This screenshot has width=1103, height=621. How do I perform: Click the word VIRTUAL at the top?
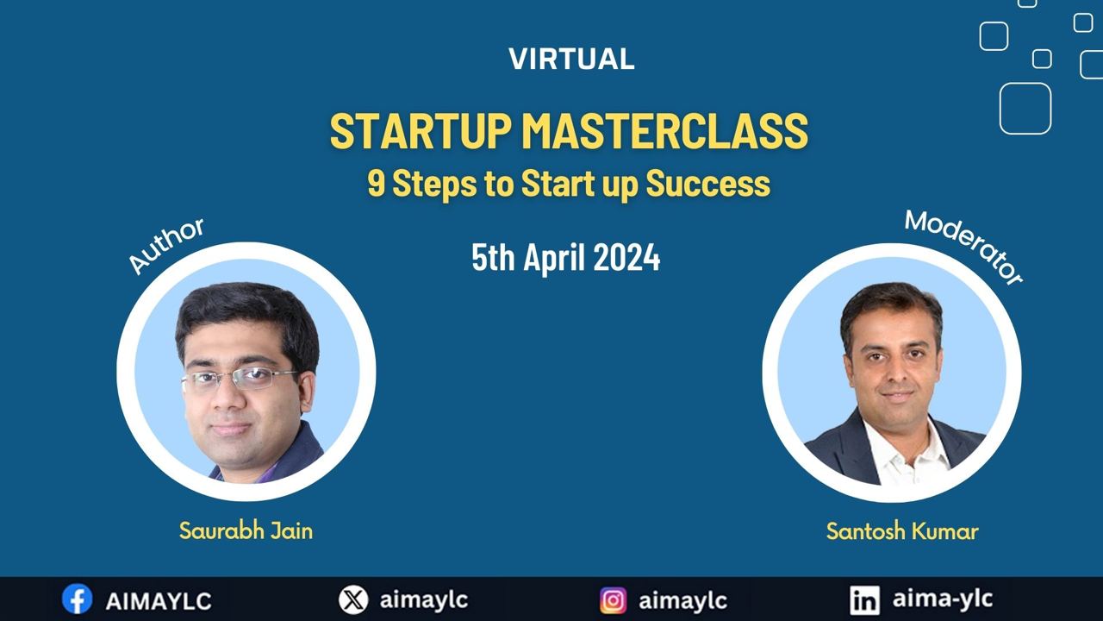[571, 60]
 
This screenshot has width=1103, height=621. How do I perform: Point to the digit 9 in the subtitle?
[376, 184]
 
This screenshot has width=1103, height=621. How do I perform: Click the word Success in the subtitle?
[707, 184]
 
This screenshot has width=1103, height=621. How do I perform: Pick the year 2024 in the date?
[626, 257]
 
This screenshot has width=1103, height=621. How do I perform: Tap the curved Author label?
[166, 245]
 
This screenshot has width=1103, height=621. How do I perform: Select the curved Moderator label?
[963, 247]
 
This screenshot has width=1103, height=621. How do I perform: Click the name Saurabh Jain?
[246, 531]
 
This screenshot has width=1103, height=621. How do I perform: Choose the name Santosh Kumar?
[902, 531]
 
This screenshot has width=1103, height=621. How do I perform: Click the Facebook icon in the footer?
[77, 599]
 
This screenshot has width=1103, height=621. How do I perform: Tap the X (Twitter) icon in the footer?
[353, 600]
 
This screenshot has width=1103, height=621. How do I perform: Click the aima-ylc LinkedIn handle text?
[943, 599]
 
